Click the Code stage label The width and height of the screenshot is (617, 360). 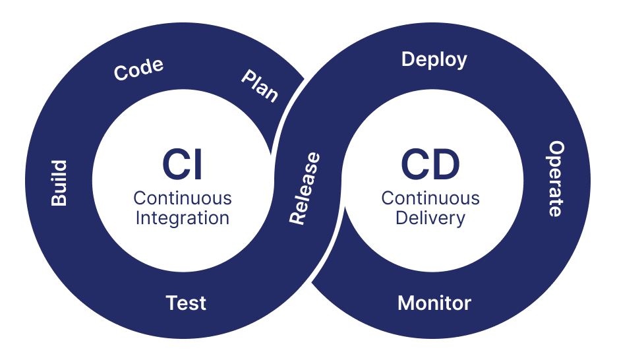tap(138, 69)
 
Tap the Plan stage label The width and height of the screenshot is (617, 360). tap(259, 86)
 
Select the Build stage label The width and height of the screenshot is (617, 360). tap(59, 183)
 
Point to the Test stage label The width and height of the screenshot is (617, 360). tap(186, 303)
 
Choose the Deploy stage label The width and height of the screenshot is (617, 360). tap(434, 59)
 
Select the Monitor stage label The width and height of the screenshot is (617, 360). tap(434, 303)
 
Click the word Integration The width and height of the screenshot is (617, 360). tap(183, 218)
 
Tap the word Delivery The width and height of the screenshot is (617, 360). tap(430, 218)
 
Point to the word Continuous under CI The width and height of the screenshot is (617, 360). tap(183, 198)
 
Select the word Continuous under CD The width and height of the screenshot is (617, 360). tap(430, 198)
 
